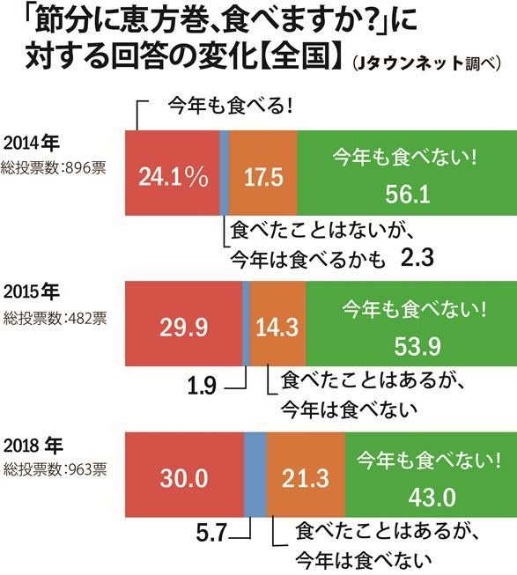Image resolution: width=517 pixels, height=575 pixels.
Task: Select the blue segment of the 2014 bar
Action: coord(224,172)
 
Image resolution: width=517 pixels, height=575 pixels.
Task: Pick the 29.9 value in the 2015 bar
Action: coord(183,328)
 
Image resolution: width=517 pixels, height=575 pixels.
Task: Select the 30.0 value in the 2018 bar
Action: coord(183,478)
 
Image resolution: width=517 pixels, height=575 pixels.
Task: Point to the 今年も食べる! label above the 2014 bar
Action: coord(230,107)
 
